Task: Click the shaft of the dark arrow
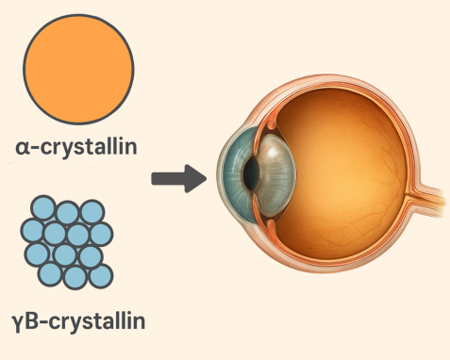click(167, 176)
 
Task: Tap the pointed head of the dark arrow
click(196, 176)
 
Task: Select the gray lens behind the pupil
click(275, 173)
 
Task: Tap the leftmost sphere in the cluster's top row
click(42, 209)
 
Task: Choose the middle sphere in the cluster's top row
click(67, 208)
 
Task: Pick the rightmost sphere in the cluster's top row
click(92, 211)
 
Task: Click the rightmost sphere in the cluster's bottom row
click(100, 275)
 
